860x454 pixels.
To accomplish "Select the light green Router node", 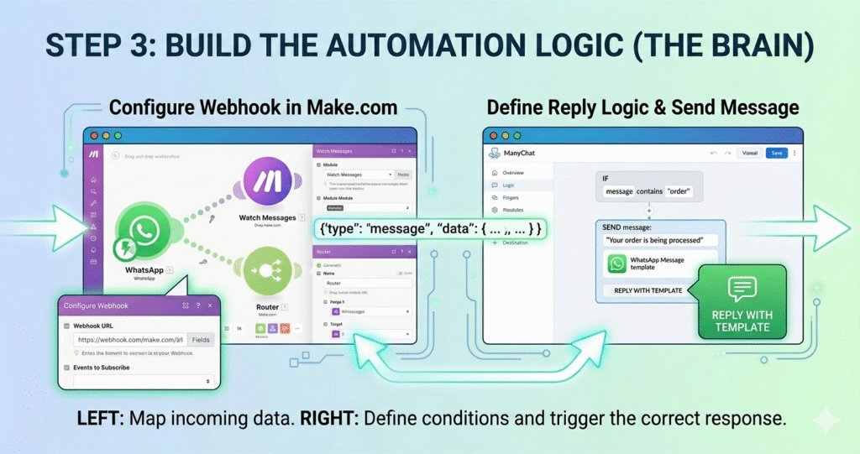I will point(268,269).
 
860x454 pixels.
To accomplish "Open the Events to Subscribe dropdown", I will point(142,380).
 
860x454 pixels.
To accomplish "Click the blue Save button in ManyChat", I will point(777,153).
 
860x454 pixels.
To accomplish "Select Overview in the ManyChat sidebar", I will point(513,172).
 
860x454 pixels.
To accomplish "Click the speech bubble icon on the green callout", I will point(742,289).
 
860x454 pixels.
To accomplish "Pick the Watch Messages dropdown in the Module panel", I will point(359,175).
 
